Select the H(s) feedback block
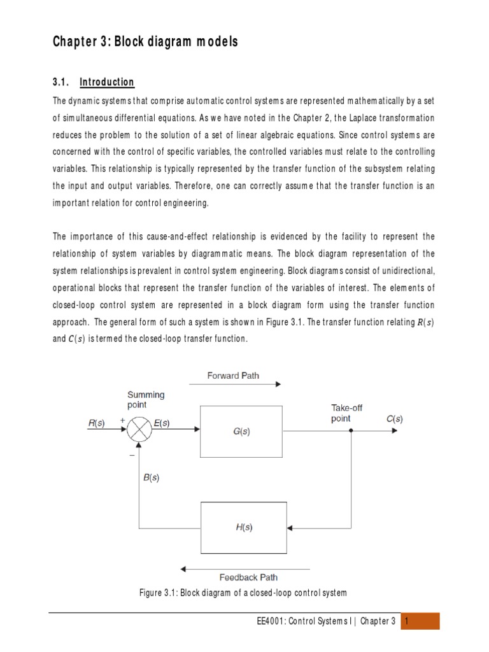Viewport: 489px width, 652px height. point(244,528)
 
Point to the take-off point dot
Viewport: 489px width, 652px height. point(351,430)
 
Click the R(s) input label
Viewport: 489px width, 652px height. point(97,422)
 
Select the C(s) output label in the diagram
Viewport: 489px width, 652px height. point(394,419)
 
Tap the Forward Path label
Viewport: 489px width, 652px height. point(233,376)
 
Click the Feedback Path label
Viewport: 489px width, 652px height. point(248,578)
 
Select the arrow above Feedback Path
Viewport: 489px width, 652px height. point(246,568)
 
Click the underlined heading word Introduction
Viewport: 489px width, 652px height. point(107,82)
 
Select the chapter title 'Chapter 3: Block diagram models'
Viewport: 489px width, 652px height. point(145,42)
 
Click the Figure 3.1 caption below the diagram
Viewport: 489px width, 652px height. point(243,593)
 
